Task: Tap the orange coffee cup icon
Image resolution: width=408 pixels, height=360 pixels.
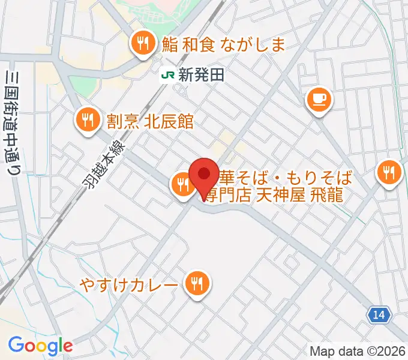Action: point(319,98)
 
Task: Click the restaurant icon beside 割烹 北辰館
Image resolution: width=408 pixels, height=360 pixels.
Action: point(88,120)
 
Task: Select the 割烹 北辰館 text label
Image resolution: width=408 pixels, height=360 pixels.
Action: point(150,121)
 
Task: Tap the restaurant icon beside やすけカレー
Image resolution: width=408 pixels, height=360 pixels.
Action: point(196,282)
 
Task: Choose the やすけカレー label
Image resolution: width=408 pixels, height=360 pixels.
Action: point(128,283)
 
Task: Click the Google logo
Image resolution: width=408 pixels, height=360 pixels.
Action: point(40,346)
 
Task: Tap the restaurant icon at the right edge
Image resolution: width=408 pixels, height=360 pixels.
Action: point(390,173)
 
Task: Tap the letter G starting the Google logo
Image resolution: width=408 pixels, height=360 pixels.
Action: point(16,345)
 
